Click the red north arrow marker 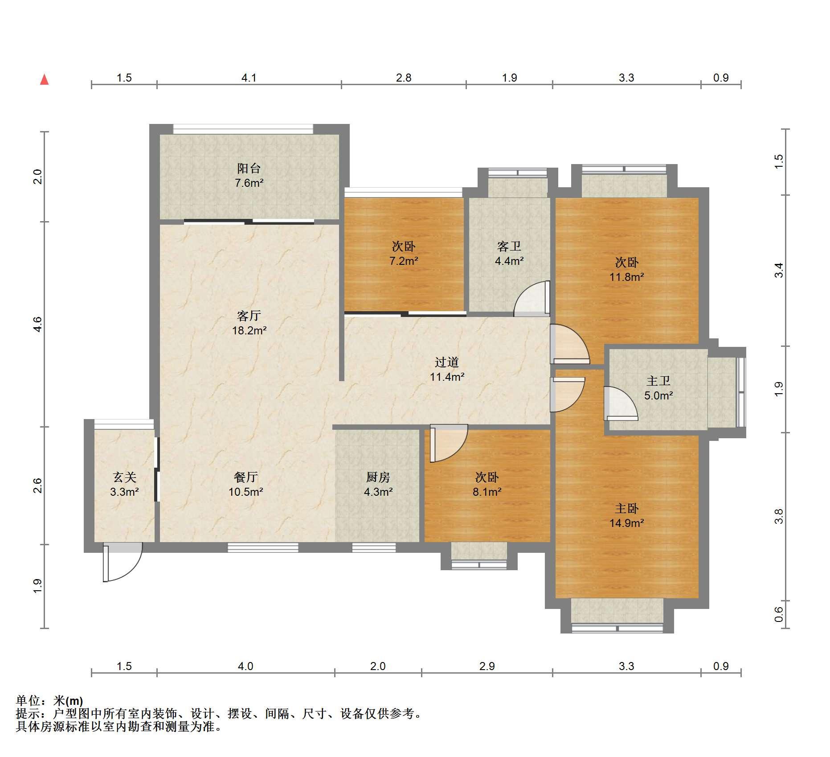(44, 80)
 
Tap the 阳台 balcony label (249, 168)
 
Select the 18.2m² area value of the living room (249, 330)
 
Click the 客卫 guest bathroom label (509, 246)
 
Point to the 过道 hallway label (446, 362)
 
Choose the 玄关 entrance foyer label (124, 477)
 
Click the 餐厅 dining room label (245, 477)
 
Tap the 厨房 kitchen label (378, 477)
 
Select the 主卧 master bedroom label (626, 508)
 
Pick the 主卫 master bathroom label (658, 381)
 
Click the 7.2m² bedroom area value (404, 261)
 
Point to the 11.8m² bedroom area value (626, 277)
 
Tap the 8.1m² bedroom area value (487, 492)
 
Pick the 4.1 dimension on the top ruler (249, 78)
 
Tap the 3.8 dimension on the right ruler (778, 516)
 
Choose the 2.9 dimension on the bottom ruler (487, 666)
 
